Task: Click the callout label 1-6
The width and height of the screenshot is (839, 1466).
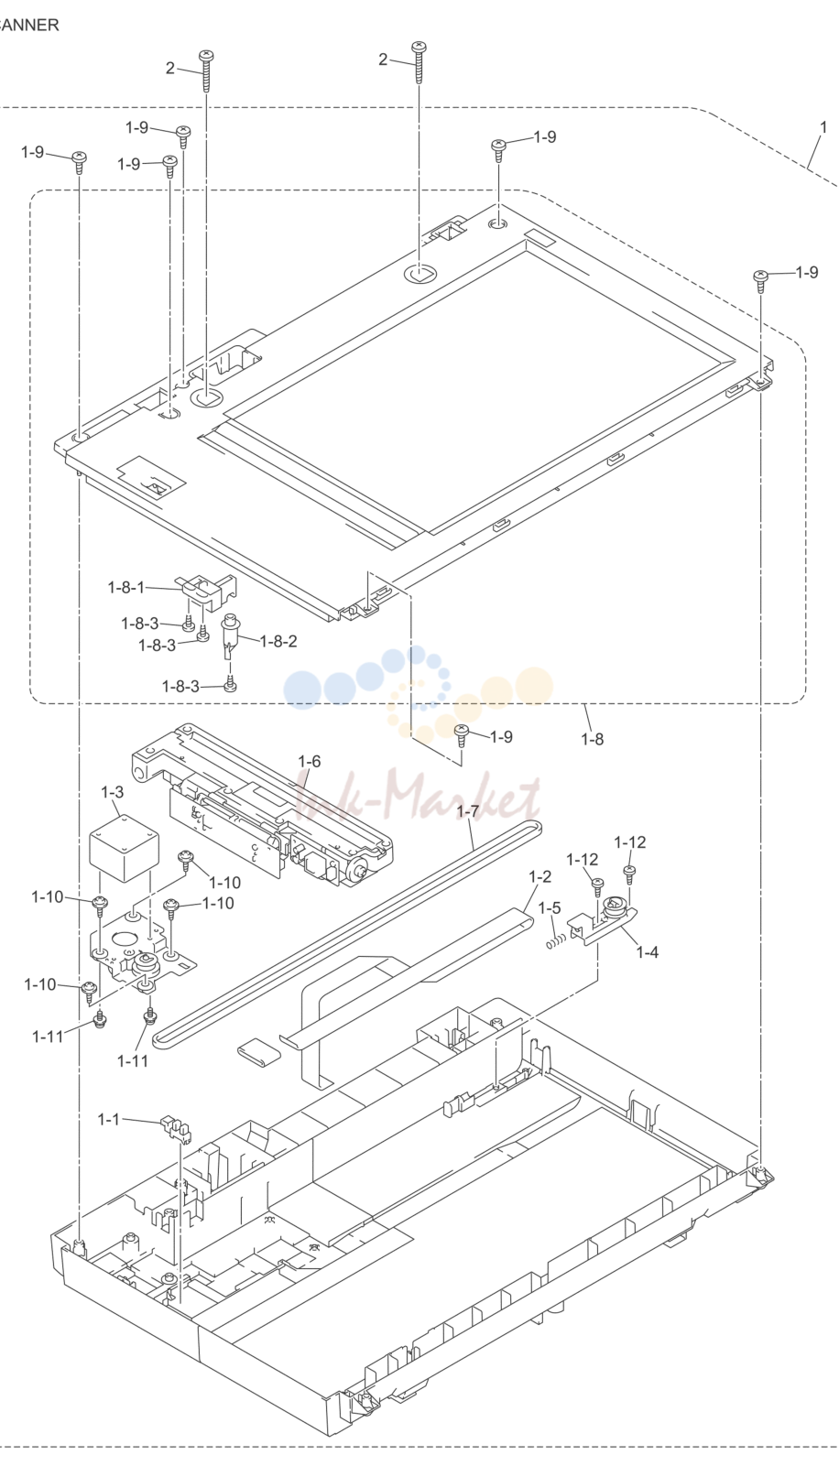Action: coord(310,761)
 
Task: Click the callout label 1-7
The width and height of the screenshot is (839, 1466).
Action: coord(467,811)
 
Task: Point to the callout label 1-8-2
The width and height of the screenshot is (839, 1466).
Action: coord(278,641)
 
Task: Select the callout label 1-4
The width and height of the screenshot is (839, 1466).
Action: coord(648,952)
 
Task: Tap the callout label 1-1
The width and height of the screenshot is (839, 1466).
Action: coord(109,1120)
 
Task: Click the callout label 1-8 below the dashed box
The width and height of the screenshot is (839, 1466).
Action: coord(593,739)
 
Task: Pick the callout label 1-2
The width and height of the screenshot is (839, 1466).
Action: coord(539,876)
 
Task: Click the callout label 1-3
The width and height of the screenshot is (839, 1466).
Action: coord(112,792)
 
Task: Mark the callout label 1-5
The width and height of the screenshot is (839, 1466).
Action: coord(549,907)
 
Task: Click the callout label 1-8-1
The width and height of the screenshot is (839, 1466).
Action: coord(126,587)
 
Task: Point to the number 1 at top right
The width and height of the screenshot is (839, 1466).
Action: coord(823,127)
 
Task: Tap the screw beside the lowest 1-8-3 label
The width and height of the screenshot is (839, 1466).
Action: coord(230,685)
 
